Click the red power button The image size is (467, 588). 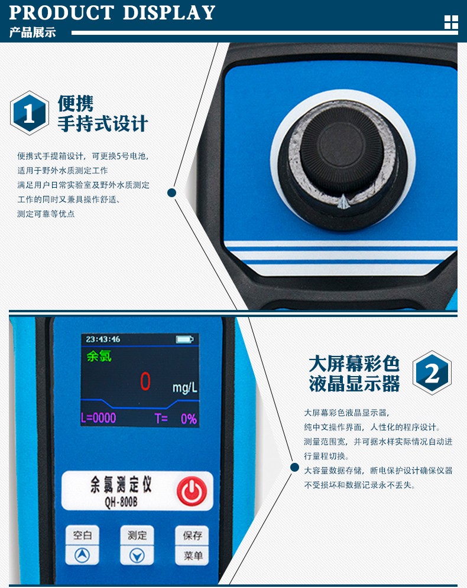(192, 491)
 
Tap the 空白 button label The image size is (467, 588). (82, 535)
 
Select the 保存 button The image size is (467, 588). (192, 535)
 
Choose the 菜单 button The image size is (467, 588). (192, 556)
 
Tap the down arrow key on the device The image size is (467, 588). (137, 556)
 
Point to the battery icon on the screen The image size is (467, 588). (184, 339)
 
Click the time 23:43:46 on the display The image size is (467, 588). (103, 339)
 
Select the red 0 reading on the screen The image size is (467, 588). (145, 381)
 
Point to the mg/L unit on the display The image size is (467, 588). (184, 387)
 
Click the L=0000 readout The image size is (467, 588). (99, 418)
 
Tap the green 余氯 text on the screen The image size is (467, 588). (99, 356)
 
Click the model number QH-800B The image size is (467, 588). (121, 502)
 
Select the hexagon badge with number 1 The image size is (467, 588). (30, 113)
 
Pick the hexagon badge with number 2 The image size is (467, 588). (432, 373)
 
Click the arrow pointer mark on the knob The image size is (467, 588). (343, 202)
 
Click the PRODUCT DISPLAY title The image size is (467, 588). (112, 12)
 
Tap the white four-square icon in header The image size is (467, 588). (451, 22)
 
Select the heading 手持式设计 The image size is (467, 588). (103, 124)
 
